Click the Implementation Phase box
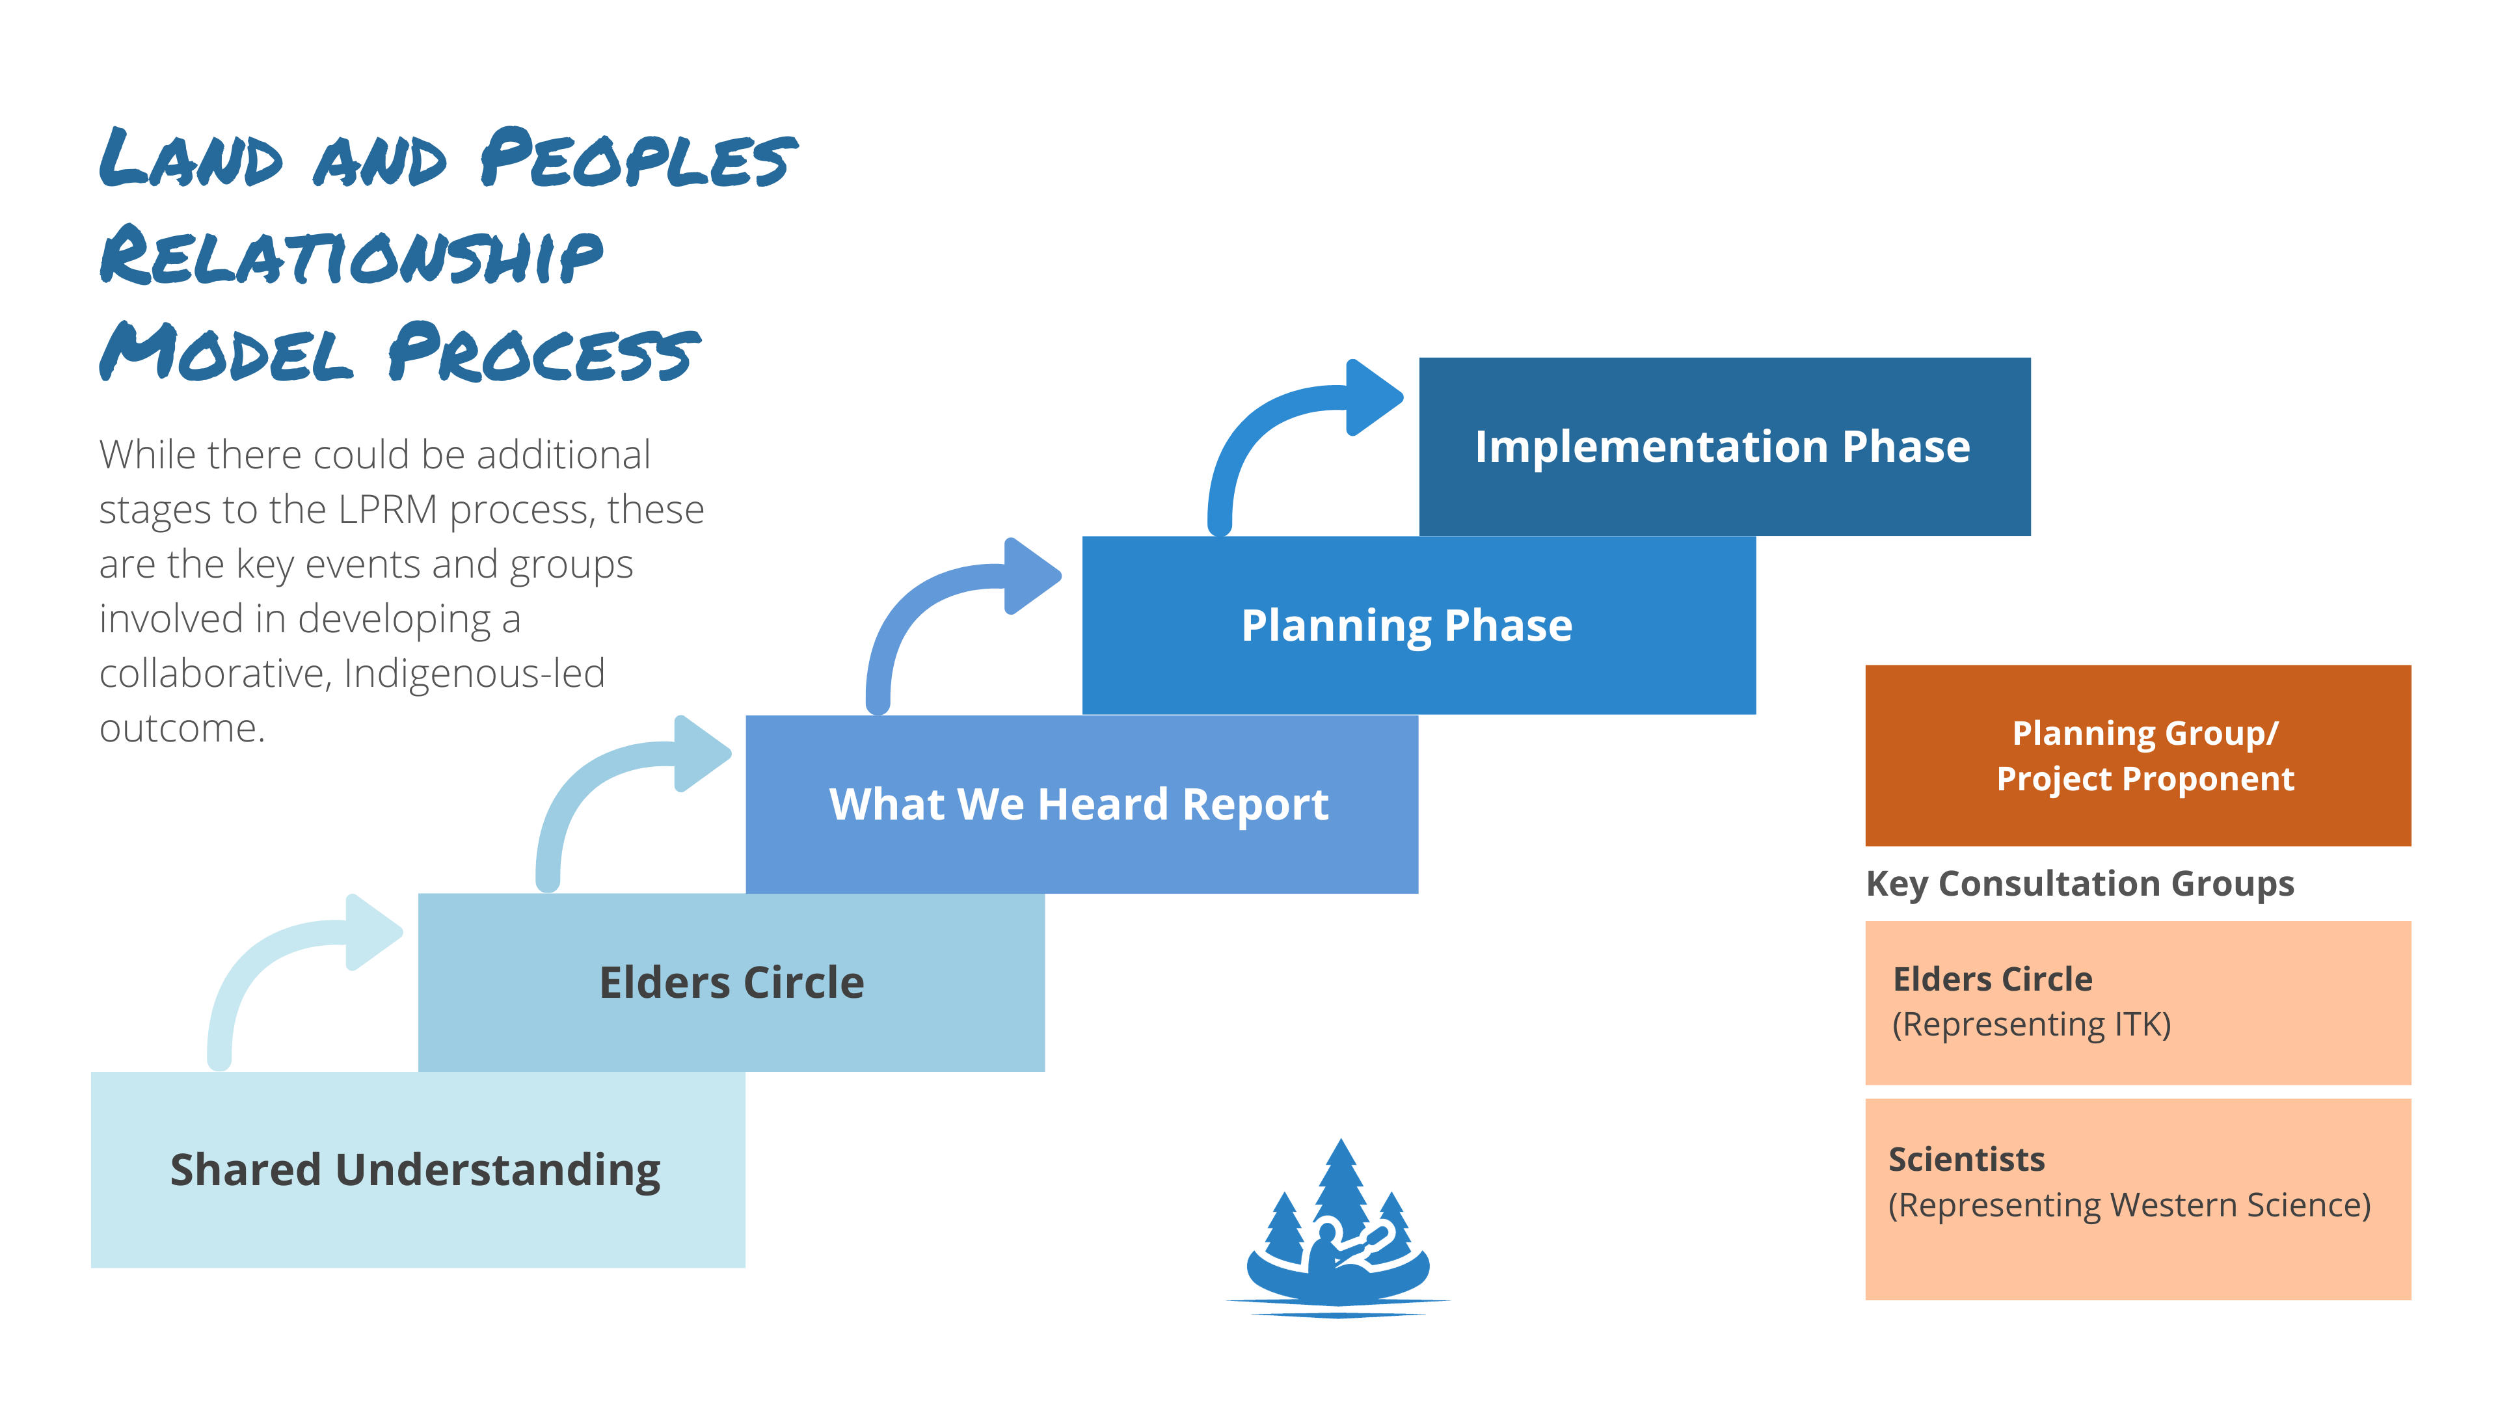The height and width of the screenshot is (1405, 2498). coord(1723,446)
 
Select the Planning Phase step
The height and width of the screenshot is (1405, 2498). coord(1417,625)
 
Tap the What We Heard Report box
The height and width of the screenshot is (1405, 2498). coord(1081,804)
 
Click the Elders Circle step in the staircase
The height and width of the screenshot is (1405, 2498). coord(731,982)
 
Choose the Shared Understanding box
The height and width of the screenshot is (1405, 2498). coord(417,1170)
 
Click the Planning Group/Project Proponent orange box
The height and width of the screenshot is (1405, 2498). coord(2137,755)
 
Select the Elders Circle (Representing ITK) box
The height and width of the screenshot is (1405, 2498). coord(2137,1002)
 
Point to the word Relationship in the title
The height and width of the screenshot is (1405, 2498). coord(351,256)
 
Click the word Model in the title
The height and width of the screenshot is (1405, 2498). coord(226,353)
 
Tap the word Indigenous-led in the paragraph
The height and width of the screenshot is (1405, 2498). coord(474,674)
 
